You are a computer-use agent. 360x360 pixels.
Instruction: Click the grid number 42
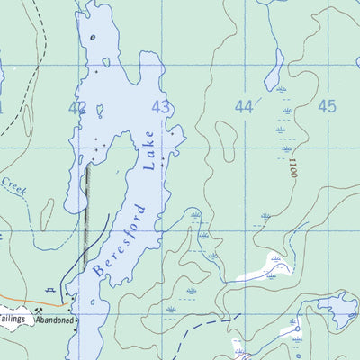coord(77,107)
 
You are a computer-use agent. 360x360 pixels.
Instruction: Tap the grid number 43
coord(161,107)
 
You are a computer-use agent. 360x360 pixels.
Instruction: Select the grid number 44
coord(243,106)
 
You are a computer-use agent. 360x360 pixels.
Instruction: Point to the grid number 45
coord(327,106)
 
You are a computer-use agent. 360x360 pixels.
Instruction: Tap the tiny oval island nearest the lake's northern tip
coord(106,62)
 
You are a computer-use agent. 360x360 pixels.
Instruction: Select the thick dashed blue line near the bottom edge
coord(198,346)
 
